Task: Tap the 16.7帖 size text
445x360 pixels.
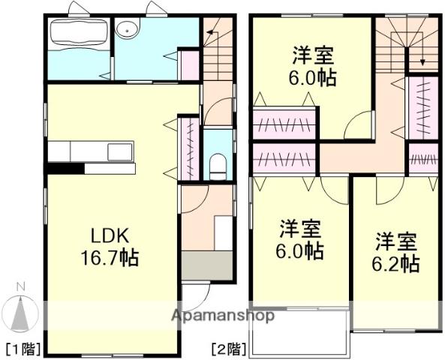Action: click(x=109, y=259)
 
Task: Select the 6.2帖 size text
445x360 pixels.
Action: click(x=396, y=263)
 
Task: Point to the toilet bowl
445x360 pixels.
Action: click(x=218, y=165)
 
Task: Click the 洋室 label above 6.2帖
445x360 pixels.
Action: click(x=397, y=241)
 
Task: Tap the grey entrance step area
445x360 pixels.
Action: click(x=208, y=265)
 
